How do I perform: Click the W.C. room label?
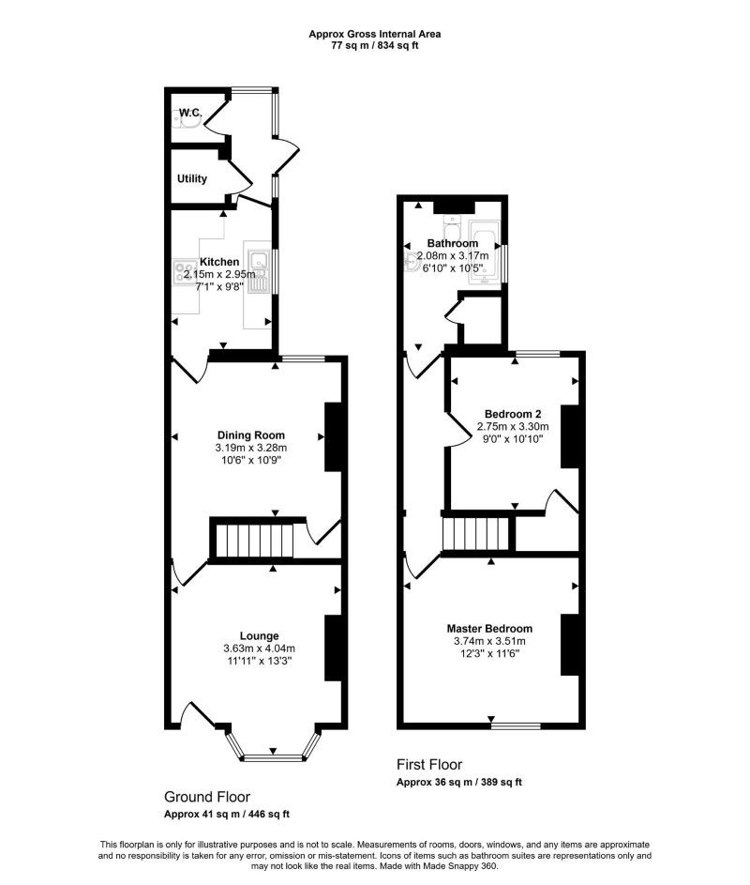(x=191, y=113)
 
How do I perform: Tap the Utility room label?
(x=192, y=179)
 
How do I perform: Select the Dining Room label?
(x=250, y=435)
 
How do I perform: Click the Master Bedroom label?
(x=489, y=629)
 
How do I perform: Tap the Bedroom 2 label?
(x=513, y=413)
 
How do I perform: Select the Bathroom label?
(x=453, y=244)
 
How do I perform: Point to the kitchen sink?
(x=260, y=272)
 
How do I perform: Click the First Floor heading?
(x=429, y=765)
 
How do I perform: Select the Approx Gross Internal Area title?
(x=375, y=34)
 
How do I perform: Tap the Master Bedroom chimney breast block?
(x=568, y=645)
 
